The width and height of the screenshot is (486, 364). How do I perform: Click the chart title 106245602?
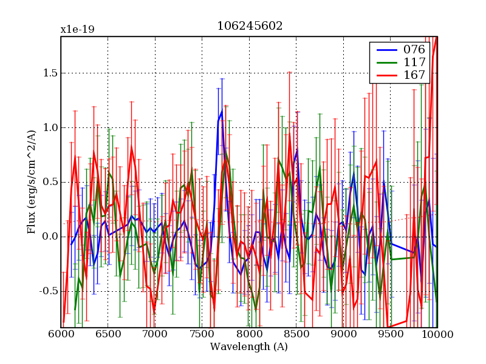[250, 26]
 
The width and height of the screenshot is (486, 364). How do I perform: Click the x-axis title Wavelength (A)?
[249, 347]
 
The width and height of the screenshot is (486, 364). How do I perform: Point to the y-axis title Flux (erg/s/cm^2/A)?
[31, 182]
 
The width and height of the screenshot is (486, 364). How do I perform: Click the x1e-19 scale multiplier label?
[77, 29]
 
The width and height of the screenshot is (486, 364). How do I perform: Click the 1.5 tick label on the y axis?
[49, 73]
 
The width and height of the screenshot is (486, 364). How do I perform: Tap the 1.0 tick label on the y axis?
[49, 127]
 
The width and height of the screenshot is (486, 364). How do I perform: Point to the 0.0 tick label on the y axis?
[49, 237]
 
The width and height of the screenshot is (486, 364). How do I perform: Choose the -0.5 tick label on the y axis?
[47, 291]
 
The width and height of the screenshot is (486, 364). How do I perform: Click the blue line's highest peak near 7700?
[222, 111]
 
